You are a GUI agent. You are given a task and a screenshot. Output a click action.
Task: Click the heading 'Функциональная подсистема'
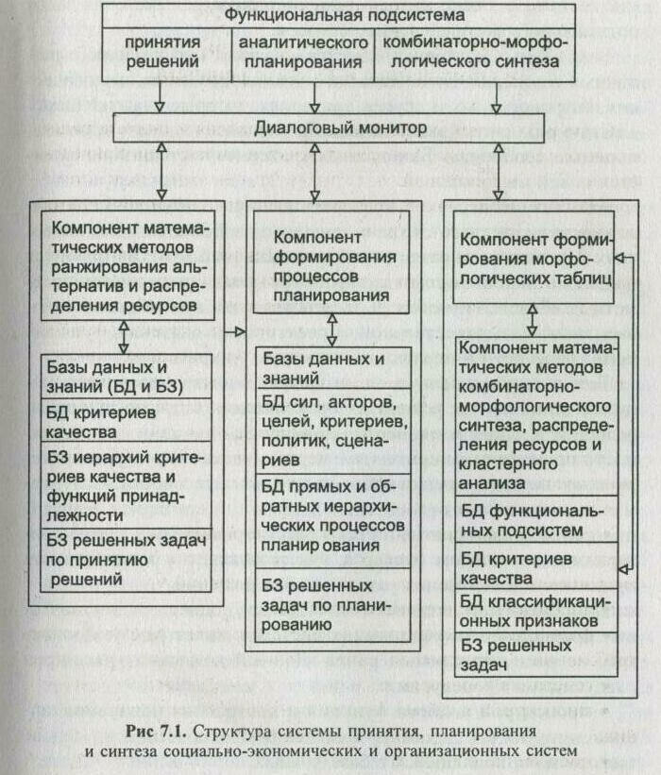tap(345, 16)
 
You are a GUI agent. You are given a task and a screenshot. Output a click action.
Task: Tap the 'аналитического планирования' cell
tap(301, 52)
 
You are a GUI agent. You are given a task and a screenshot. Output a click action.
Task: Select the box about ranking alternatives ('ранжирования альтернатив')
tap(126, 264)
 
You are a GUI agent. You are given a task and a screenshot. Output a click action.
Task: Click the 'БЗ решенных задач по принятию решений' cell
tap(126, 558)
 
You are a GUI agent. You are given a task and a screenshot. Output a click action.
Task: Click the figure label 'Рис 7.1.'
tap(155, 732)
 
